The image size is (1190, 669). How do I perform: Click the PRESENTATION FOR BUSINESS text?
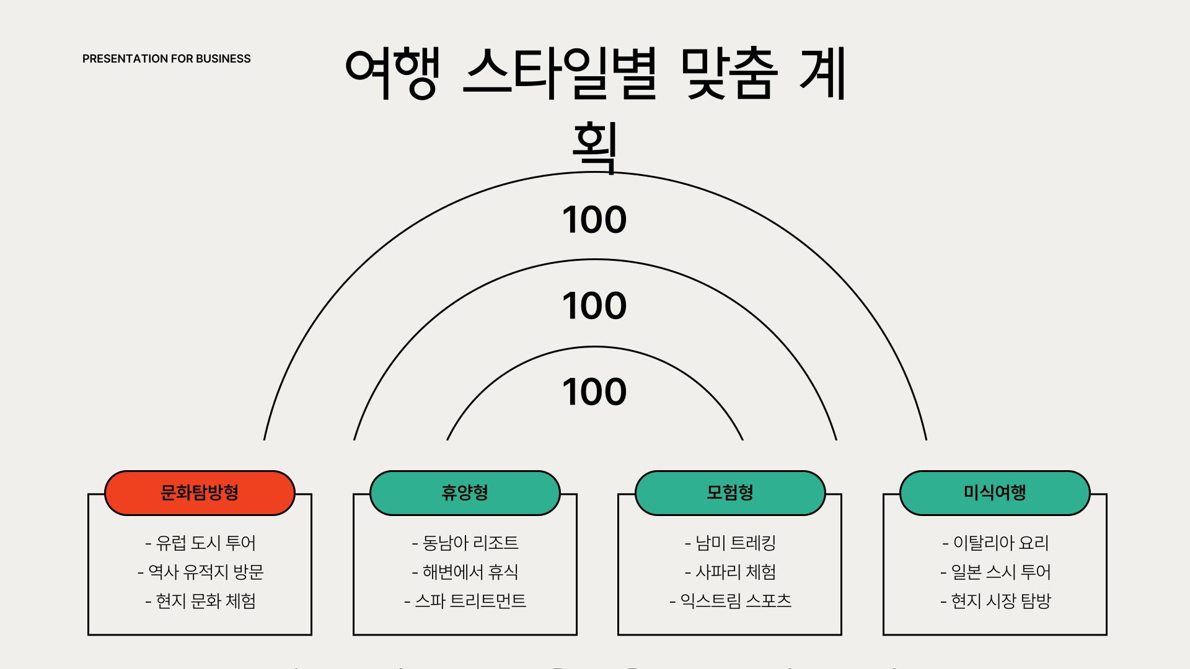click(x=166, y=59)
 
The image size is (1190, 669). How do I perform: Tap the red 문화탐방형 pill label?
click(x=200, y=493)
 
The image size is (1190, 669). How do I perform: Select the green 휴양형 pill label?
click(x=465, y=493)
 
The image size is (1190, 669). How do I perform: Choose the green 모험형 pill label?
click(x=730, y=493)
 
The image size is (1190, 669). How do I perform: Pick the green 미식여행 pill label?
click(x=995, y=493)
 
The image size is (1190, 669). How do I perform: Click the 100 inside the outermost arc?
click(x=594, y=220)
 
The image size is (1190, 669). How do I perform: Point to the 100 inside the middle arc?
click(x=594, y=306)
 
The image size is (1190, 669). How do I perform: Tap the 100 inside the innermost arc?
click(x=594, y=392)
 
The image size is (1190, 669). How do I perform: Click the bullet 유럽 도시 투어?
click(x=200, y=543)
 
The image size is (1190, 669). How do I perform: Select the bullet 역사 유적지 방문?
click(x=200, y=572)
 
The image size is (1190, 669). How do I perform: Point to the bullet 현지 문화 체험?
click(x=200, y=601)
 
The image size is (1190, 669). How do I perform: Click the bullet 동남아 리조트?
click(x=465, y=543)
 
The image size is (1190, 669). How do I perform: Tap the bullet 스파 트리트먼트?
click(x=465, y=601)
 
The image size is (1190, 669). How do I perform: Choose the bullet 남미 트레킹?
click(x=730, y=543)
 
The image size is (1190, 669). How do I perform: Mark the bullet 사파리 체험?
click(x=730, y=572)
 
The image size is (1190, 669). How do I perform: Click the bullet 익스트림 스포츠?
click(x=730, y=601)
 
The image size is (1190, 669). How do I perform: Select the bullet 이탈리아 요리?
click(x=995, y=543)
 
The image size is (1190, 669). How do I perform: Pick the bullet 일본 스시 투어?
click(x=995, y=572)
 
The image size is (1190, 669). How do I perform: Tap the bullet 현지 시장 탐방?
click(x=995, y=601)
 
